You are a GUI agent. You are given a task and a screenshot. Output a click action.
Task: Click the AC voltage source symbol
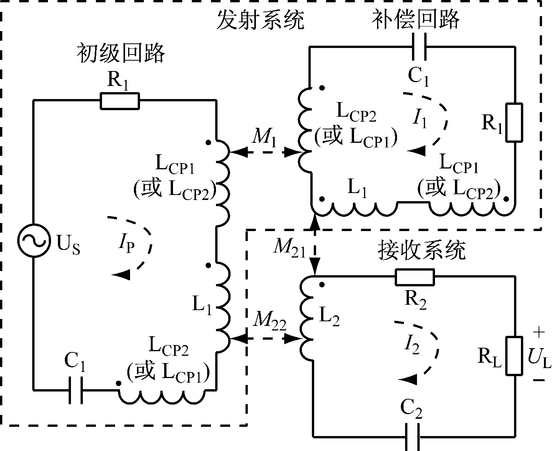(34, 241)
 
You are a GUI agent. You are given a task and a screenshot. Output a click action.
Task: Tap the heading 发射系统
(260, 20)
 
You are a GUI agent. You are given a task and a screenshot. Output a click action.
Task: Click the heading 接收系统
(422, 250)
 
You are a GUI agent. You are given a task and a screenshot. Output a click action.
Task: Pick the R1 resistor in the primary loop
(120, 101)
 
